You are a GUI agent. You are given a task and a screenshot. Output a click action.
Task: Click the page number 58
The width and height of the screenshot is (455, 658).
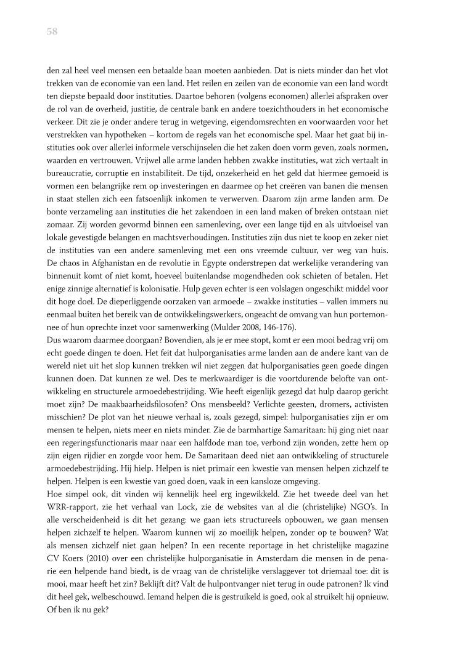pos(52,33)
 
